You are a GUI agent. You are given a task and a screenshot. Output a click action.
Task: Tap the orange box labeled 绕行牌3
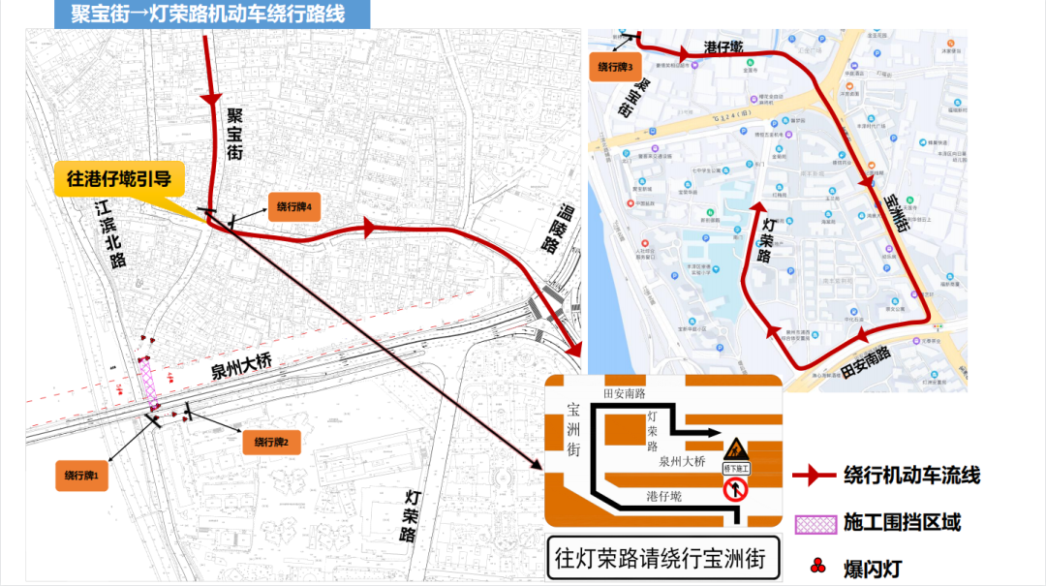(615, 67)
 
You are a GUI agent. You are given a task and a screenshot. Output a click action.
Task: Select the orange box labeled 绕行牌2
(278, 442)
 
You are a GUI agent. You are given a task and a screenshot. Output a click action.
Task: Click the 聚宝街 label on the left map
(234, 133)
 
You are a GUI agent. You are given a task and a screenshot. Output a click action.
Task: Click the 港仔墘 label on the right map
(723, 46)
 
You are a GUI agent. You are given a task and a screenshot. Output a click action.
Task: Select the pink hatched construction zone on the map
(151, 383)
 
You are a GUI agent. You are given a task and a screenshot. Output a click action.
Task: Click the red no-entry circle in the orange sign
(735, 490)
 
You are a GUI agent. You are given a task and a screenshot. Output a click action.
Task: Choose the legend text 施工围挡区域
(902, 523)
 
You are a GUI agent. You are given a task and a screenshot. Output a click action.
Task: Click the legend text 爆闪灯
(873, 569)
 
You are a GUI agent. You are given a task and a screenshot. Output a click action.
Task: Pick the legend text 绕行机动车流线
(911, 476)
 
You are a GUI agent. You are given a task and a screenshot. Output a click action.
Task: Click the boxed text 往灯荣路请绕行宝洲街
(661, 559)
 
